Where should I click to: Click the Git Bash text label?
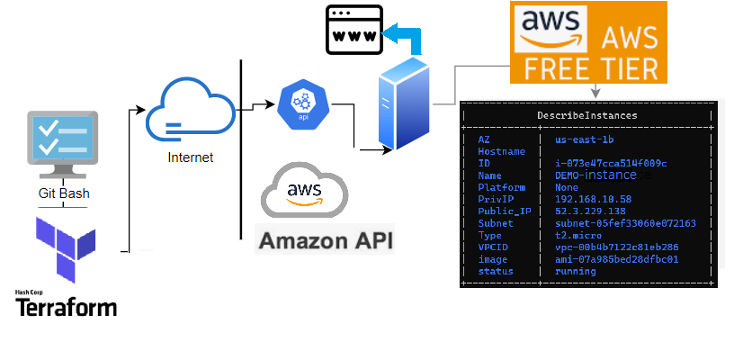click(x=63, y=193)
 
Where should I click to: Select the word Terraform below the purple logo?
click(x=67, y=307)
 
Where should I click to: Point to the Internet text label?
click(x=191, y=157)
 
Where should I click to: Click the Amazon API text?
click(x=325, y=241)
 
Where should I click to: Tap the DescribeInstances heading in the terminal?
click(x=588, y=115)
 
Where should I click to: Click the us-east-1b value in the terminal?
click(x=585, y=139)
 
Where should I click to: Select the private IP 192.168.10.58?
click(x=592, y=199)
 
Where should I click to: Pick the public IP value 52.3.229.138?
click(x=592, y=211)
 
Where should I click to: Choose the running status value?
click(x=576, y=271)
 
